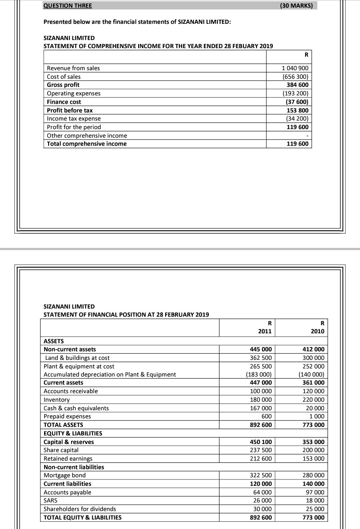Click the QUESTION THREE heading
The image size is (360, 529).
click(67, 6)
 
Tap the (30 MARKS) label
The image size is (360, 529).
click(297, 6)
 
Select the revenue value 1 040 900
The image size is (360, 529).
click(295, 68)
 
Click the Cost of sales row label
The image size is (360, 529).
click(64, 77)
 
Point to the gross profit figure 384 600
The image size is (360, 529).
click(297, 85)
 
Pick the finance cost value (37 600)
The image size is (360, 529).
click(296, 102)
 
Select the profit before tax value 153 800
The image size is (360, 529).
click(297, 110)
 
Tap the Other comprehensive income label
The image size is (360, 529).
click(87, 135)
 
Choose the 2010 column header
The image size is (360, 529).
click(317, 332)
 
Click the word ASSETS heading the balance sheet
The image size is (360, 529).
click(54, 341)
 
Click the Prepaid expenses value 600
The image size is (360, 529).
click(266, 417)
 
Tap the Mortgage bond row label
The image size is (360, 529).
click(64, 475)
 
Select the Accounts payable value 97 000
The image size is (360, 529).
click(316, 493)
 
